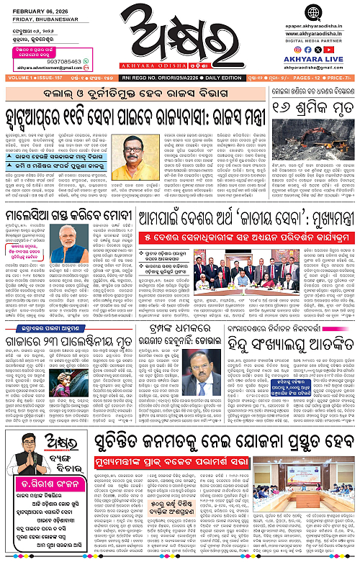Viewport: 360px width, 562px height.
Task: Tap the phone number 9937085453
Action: [38, 62]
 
